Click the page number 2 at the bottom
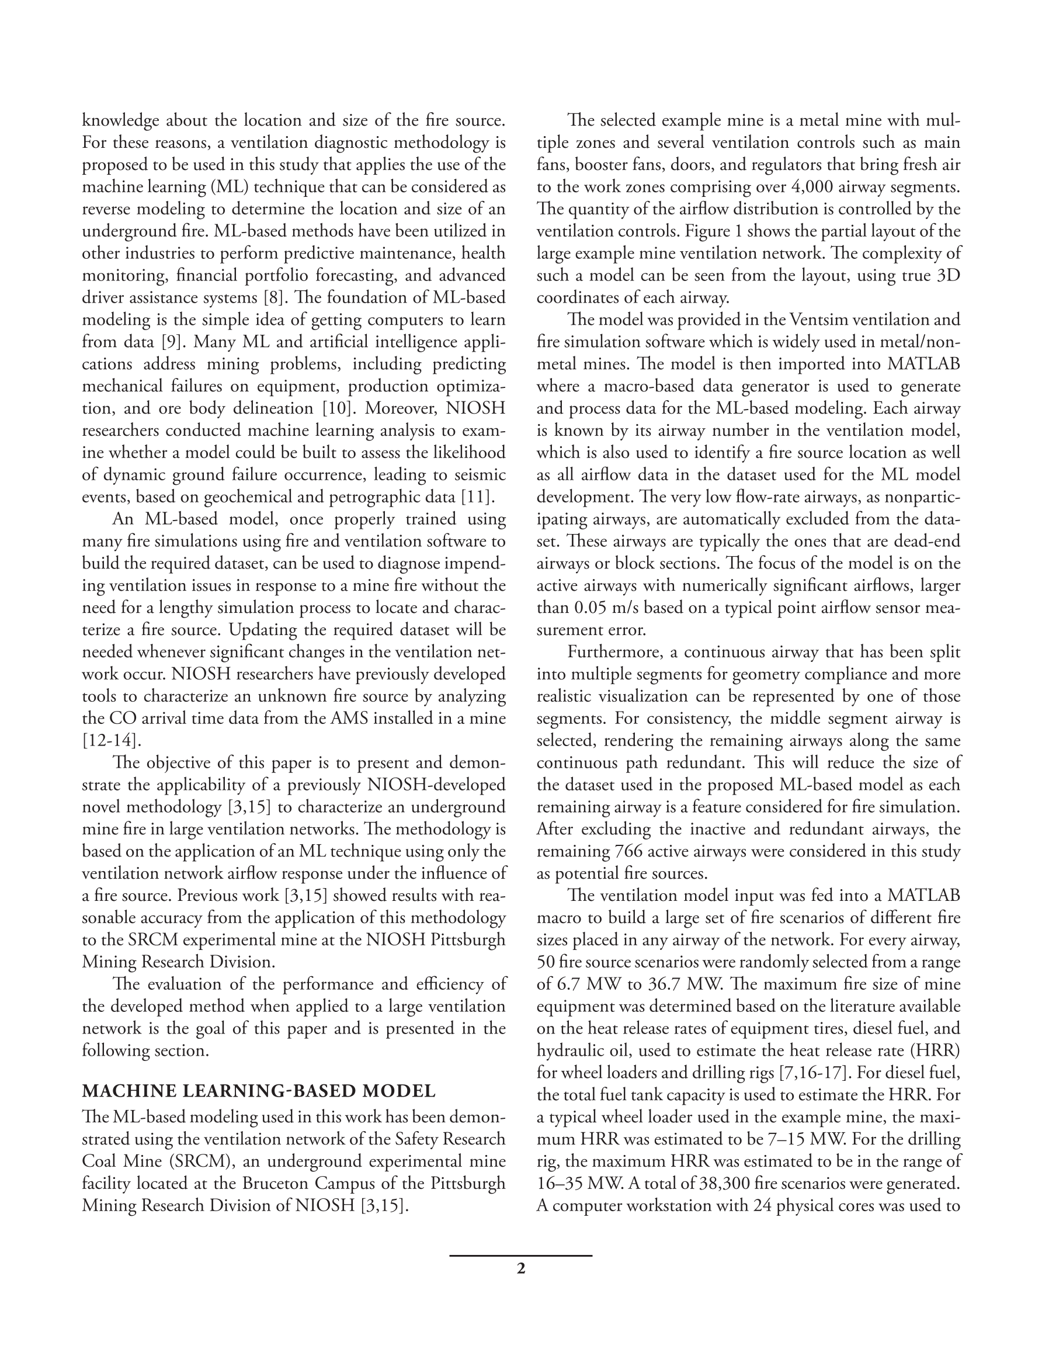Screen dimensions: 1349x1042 [520, 1269]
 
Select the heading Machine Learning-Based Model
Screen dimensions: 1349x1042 [259, 1091]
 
